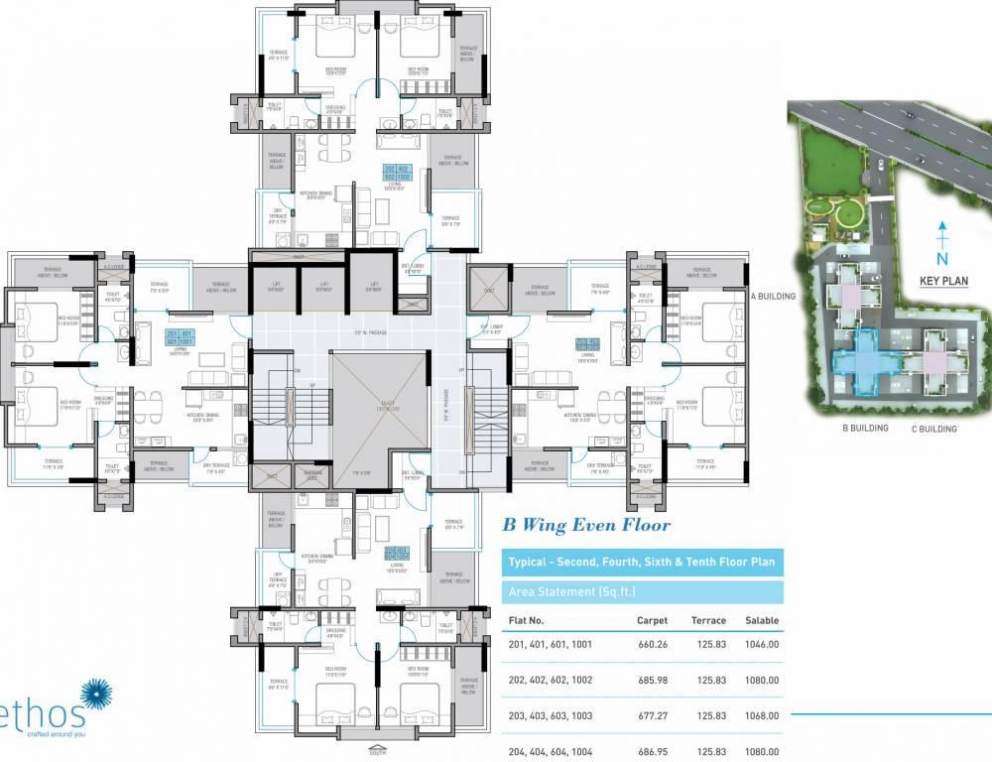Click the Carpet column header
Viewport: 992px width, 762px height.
click(652, 620)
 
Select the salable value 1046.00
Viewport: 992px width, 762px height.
click(759, 644)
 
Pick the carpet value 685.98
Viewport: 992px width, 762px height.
click(652, 680)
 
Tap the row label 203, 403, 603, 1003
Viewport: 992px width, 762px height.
click(551, 715)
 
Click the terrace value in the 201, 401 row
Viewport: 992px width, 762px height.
click(708, 644)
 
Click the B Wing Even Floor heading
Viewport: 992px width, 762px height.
click(586, 526)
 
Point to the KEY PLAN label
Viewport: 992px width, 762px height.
click(942, 281)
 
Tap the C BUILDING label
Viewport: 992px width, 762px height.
click(933, 430)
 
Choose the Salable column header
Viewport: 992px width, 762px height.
click(759, 620)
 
